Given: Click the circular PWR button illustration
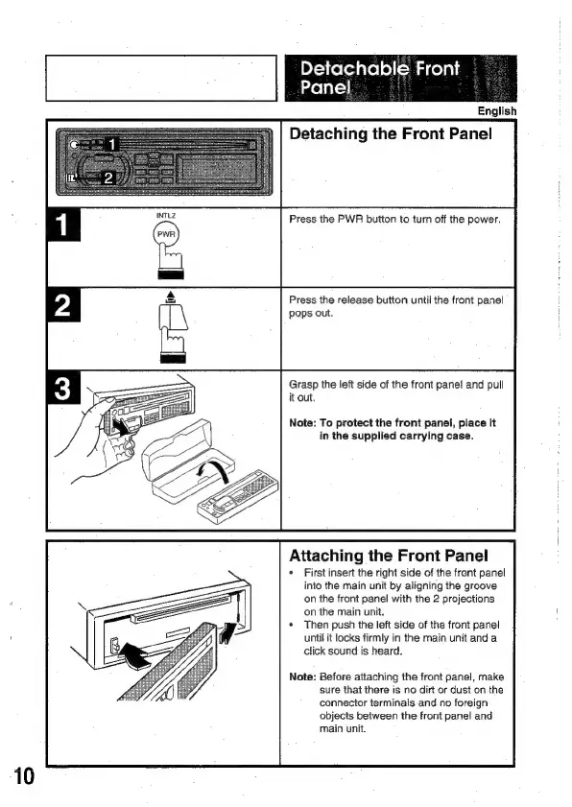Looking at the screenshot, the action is (x=166, y=234).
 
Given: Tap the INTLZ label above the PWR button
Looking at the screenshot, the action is (x=166, y=216).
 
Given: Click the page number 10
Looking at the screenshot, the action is (x=23, y=776).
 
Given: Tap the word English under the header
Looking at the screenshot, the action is (x=497, y=111).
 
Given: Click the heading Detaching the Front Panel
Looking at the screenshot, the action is (x=391, y=133).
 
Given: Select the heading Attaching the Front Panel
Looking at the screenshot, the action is (x=389, y=556).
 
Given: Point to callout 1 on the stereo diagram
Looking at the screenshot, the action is (x=112, y=145).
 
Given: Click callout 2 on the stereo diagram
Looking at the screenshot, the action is (x=108, y=178).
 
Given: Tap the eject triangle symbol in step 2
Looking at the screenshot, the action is (x=171, y=297).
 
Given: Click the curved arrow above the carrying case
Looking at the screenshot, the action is (x=214, y=469).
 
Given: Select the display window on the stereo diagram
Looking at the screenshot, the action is (x=216, y=168).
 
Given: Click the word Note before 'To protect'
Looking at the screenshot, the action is (x=302, y=423).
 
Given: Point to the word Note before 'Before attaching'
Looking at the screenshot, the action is (x=302, y=676).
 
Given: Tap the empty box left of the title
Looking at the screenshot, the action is (x=161, y=79).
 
